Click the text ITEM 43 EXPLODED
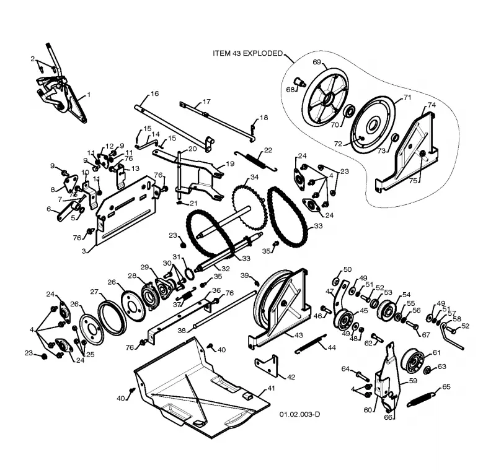pyautogui.click(x=247, y=53)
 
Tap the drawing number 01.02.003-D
pyautogui.click(x=299, y=414)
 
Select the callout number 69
pyautogui.click(x=317, y=62)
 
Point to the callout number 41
pyautogui.click(x=271, y=388)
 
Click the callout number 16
pyautogui.click(x=154, y=93)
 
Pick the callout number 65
pyautogui.click(x=446, y=387)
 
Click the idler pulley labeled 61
pyautogui.click(x=412, y=358)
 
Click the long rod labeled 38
pyautogui.click(x=224, y=310)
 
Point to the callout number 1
pyautogui.click(x=89, y=95)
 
